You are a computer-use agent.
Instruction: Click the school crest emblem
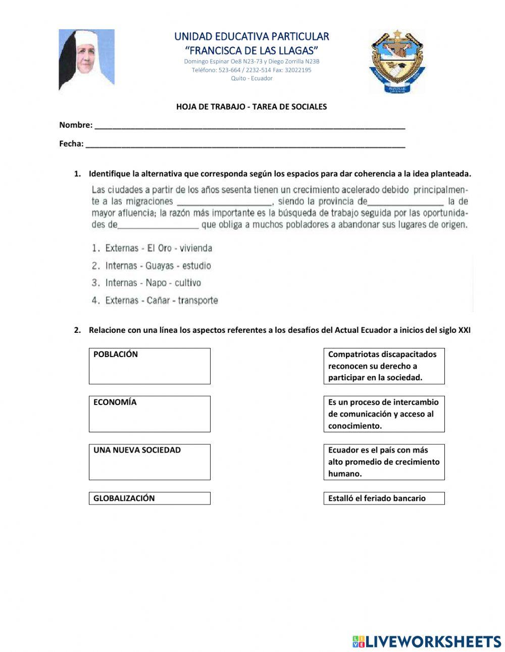pos(397,61)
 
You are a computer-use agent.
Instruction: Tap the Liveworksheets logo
pos(427,641)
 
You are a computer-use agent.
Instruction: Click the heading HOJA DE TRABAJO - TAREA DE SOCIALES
pos(251,107)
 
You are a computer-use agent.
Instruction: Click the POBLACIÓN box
pos(149,366)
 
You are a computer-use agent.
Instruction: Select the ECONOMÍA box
pos(149,414)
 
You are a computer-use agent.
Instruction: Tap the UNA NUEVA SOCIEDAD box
pos(149,462)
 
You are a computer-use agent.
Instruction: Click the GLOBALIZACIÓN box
pos(149,498)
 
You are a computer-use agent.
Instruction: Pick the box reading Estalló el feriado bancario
pos(384,498)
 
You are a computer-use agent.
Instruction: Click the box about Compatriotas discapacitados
pos(384,366)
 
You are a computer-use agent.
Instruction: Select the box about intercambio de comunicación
pos(384,414)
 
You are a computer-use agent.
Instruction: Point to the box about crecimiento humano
pos(384,462)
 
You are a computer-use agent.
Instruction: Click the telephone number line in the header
pos(251,70)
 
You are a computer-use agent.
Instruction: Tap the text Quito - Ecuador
pos(251,78)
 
